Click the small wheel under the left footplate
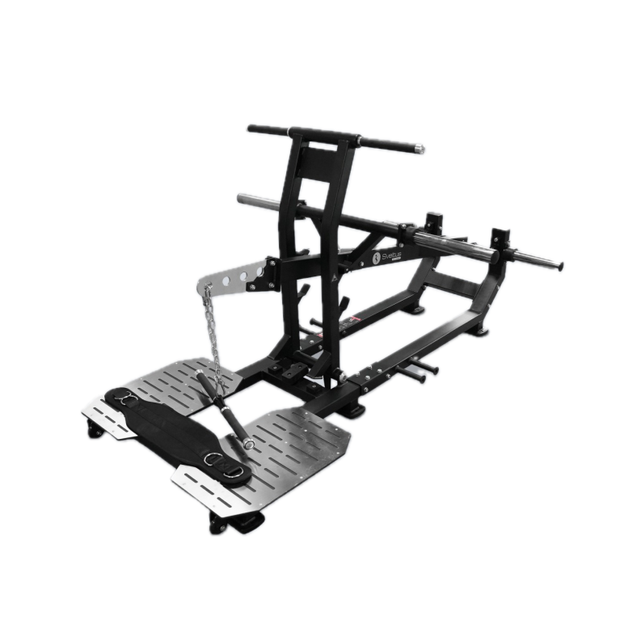pyautogui.click(x=94, y=432)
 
